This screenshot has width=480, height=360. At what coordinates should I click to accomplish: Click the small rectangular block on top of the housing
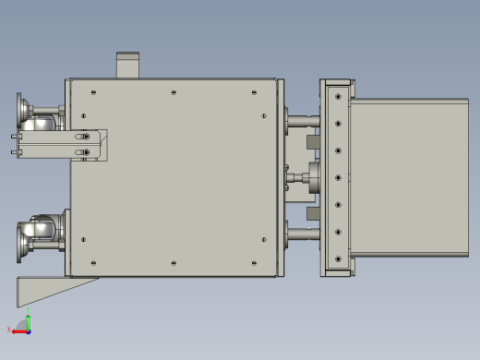(127, 66)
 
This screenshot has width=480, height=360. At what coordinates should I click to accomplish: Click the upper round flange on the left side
(20, 108)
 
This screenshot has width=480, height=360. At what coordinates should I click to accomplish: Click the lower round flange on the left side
(20, 244)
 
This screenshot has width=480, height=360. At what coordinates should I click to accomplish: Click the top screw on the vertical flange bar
(339, 96)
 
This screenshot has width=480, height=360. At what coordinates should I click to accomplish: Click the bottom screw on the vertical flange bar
(339, 259)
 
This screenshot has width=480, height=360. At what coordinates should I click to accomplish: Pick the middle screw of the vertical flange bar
(339, 177)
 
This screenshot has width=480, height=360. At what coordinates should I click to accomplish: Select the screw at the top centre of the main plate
(174, 92)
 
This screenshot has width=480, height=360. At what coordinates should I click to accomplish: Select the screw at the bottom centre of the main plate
(174, 262)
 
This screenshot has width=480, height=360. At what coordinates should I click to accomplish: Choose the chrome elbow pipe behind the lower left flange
(42, 227)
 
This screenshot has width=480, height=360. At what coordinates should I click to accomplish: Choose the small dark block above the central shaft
(311, 142)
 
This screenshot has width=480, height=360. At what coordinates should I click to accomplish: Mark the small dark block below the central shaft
(311, 213)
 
